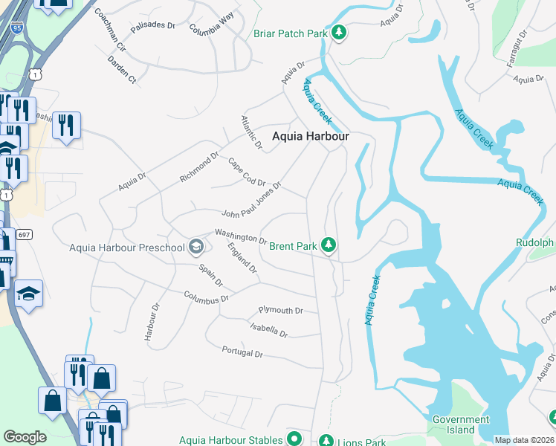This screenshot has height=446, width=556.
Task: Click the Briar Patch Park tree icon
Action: coord(339,33)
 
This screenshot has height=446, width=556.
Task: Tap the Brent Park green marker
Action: coord(328,245)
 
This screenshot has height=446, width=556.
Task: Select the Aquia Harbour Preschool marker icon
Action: coord(196,246)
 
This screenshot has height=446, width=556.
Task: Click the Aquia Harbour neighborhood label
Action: coord(310,136)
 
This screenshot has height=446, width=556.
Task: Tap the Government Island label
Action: coord(462,424)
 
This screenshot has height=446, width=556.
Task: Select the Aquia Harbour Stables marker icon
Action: coord(294,439)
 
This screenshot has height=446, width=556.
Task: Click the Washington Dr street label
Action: coord(241,236)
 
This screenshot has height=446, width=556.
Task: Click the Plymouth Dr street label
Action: coord(281,310)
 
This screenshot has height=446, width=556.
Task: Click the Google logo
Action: coord(25,437)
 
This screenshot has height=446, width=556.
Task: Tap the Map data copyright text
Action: coord(524,440)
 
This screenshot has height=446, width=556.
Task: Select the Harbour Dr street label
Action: coord(152,322)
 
